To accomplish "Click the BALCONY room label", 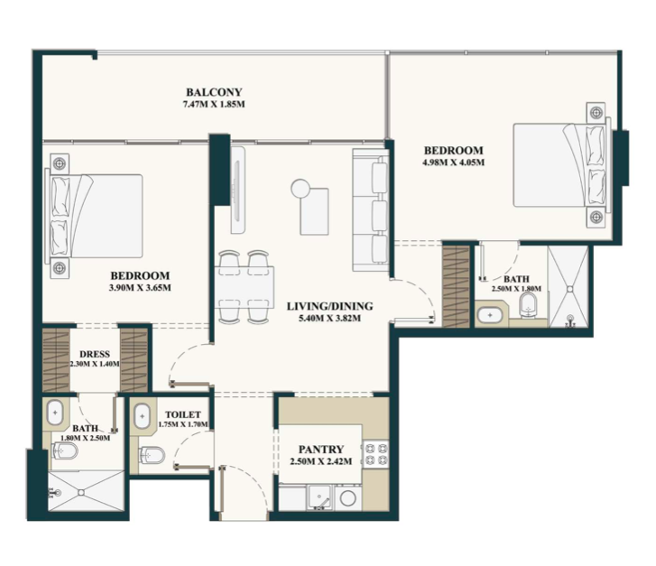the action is click(x=214, y=92).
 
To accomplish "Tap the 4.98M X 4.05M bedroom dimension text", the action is click(x=454, y=162).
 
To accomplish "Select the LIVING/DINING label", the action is click(x=329, y=306).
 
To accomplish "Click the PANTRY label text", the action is click(x=321, y=450).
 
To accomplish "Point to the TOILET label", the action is click(x=183, y=415).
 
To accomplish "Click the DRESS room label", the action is click(x=95, y=354).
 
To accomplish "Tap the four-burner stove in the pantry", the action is click(x=375, y=454).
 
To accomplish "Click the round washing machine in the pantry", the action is click(x=347, y=498).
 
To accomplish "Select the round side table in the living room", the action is click(x=300, y=187).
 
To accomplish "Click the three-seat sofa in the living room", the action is click(x=371, y=210).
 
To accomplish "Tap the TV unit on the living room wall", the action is click(x=237, y=190).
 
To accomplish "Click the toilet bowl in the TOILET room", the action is click(x=152, y=455).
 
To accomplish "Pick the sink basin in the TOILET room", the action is click(x=143, y=416).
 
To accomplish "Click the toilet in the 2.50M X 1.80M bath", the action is click(x=529, y=305).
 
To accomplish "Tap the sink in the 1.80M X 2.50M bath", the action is click(x=55, y=413).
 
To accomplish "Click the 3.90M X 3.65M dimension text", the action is click(x=140, y=288).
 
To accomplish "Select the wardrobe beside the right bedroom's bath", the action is click(x=456, y=287).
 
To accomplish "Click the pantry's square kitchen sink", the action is click(x=319, y=497).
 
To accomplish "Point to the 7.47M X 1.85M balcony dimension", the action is click(x=214, y=104).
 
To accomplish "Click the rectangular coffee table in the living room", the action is click(x=314, y=212).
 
